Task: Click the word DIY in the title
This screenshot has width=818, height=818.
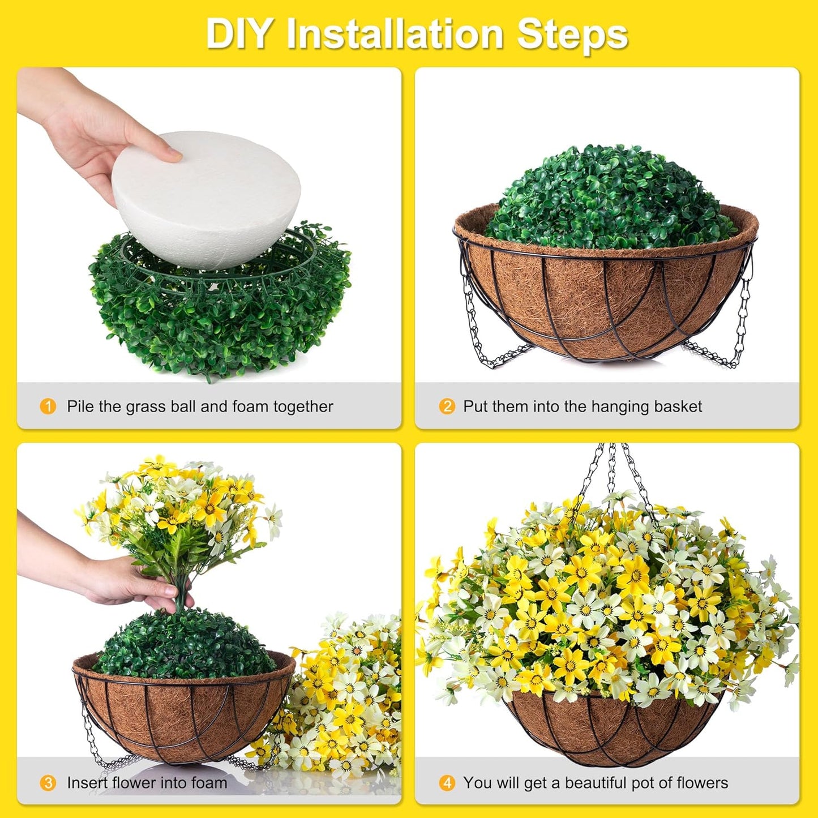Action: click(x=238, y=34)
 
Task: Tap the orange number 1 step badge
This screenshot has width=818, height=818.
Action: click(x=48, y=406)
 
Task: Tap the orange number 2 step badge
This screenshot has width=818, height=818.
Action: click(x=447, y=406)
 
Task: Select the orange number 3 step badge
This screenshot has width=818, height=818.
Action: click(x=48, y=783)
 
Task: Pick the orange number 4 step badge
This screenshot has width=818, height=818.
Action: click(x=447, y=783)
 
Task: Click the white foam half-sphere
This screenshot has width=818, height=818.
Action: click(x=207, y=198)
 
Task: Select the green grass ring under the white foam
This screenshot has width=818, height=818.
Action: click(x=221, y=317)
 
